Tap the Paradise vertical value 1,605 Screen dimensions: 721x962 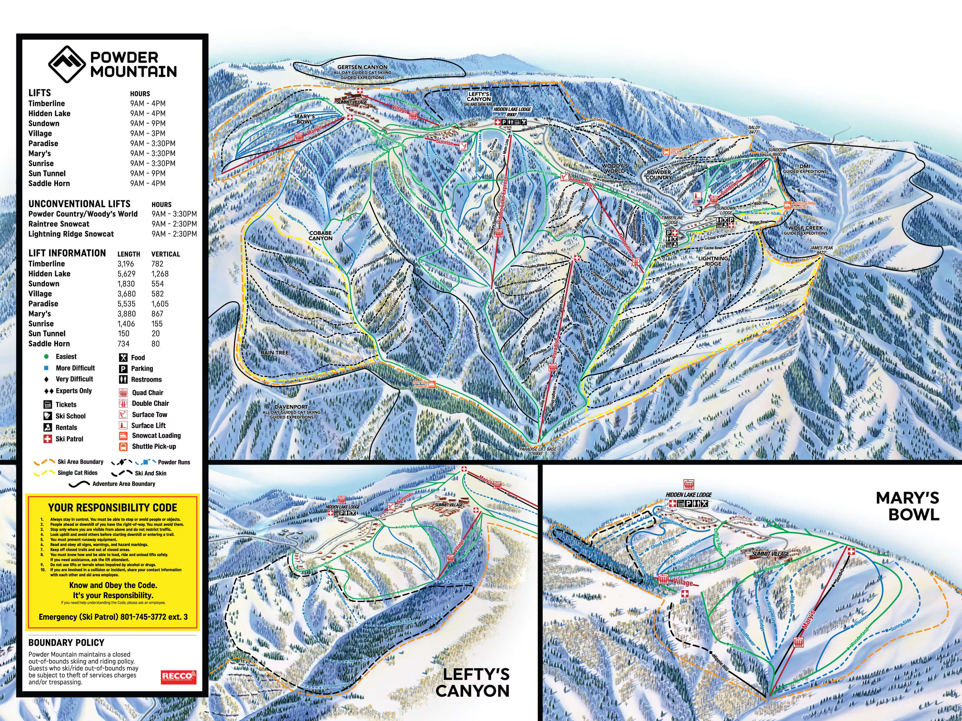click(160, 304)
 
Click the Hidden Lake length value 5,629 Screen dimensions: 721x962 click(126, 274)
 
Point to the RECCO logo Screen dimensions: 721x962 click(178, 677)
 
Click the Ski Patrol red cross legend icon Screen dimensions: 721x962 click(47, 439)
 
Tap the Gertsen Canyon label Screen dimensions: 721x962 click(362, 67)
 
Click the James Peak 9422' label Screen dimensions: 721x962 click(821, 250)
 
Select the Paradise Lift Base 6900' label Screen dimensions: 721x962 click(538, 451)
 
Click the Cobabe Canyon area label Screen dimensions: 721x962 click(320, 236)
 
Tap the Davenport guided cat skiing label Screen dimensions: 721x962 click(291, 412)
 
